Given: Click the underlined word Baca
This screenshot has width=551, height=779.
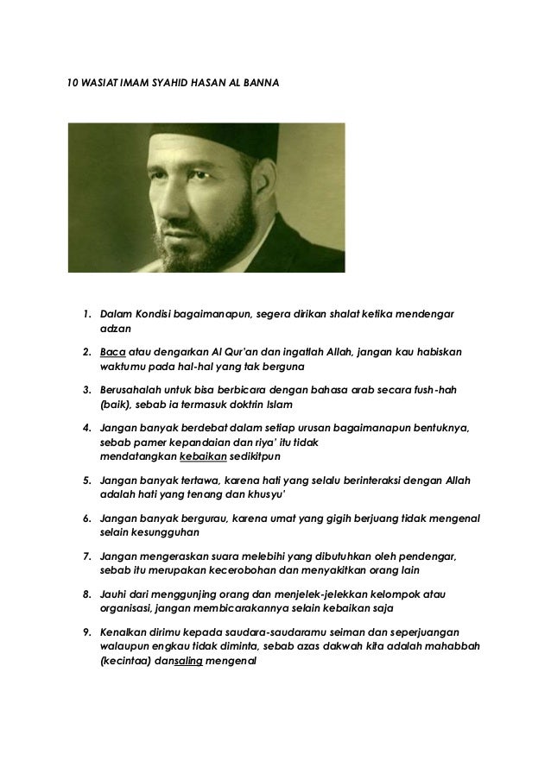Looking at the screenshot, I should click(113, 352).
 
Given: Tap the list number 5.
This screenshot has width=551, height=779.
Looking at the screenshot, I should click(86, 476).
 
